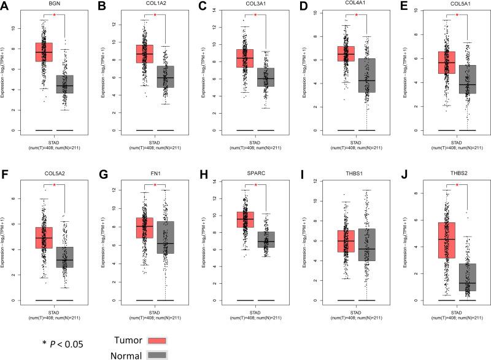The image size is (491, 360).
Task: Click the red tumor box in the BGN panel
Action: (x=44, y=52)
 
